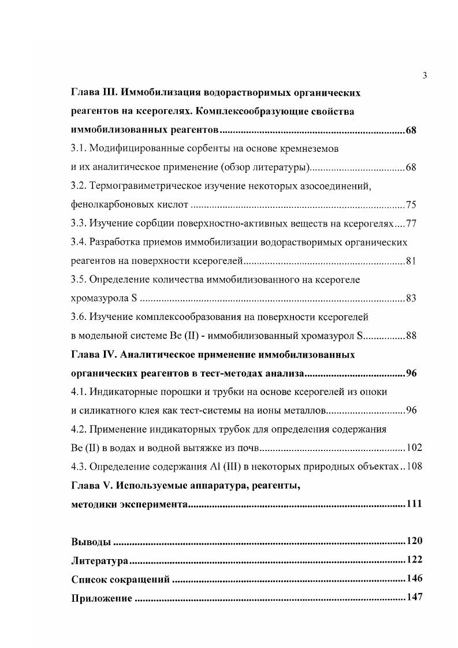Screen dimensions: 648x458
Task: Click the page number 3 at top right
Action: [425, 75]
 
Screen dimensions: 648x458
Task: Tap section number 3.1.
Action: [79, 148]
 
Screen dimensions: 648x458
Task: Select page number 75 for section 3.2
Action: [411, 204]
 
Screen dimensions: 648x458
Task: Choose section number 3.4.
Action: [79, 242]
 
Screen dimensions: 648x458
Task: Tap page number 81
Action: [411, 260]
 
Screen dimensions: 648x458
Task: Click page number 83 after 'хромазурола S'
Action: [411, 298]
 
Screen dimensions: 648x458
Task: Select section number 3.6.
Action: [79, 316]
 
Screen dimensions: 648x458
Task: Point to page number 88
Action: [411, 336]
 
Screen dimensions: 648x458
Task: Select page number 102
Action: [414, 448]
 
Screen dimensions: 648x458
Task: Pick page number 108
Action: [414, 466]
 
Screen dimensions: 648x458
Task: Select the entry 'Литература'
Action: [99, 560]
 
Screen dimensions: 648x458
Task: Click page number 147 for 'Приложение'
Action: [414, 597]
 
